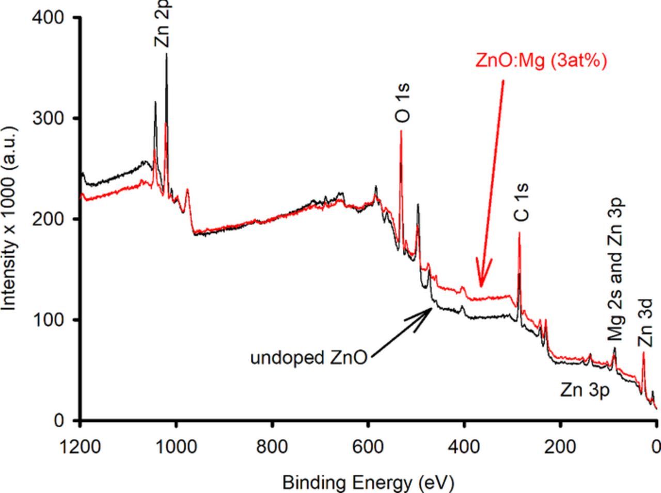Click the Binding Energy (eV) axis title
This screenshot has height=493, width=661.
pyautogui.click(x=368, y=483)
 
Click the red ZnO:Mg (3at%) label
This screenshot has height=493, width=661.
pyautogui.click(x=541, y=60)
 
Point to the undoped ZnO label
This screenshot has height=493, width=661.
pyautogui.click(x=308, y=357)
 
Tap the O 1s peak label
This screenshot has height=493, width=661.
pyautogui.click(x=403, y=103)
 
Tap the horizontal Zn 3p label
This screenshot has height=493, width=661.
pyautogui.click(x=585, y=391)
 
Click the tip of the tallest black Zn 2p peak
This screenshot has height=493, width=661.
pyautogui.click(x=166, y=54)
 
